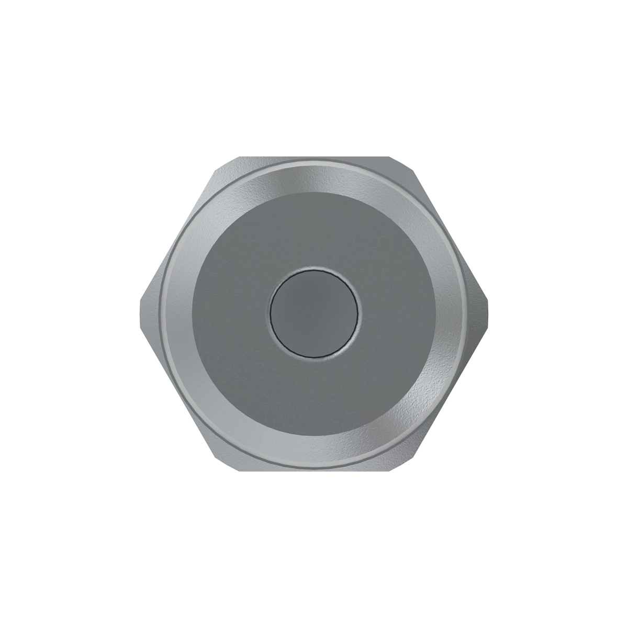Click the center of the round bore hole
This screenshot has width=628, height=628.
point(314,314)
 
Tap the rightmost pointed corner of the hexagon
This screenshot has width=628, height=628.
point(488,314)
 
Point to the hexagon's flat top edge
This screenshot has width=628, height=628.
point(314,158)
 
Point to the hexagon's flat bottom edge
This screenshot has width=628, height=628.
point(314,470)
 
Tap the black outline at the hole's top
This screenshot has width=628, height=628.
point(314,270)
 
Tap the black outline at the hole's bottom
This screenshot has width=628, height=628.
point(314,358)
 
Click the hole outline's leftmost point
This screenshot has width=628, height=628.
point(270,314)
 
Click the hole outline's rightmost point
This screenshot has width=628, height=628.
point(358,314)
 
